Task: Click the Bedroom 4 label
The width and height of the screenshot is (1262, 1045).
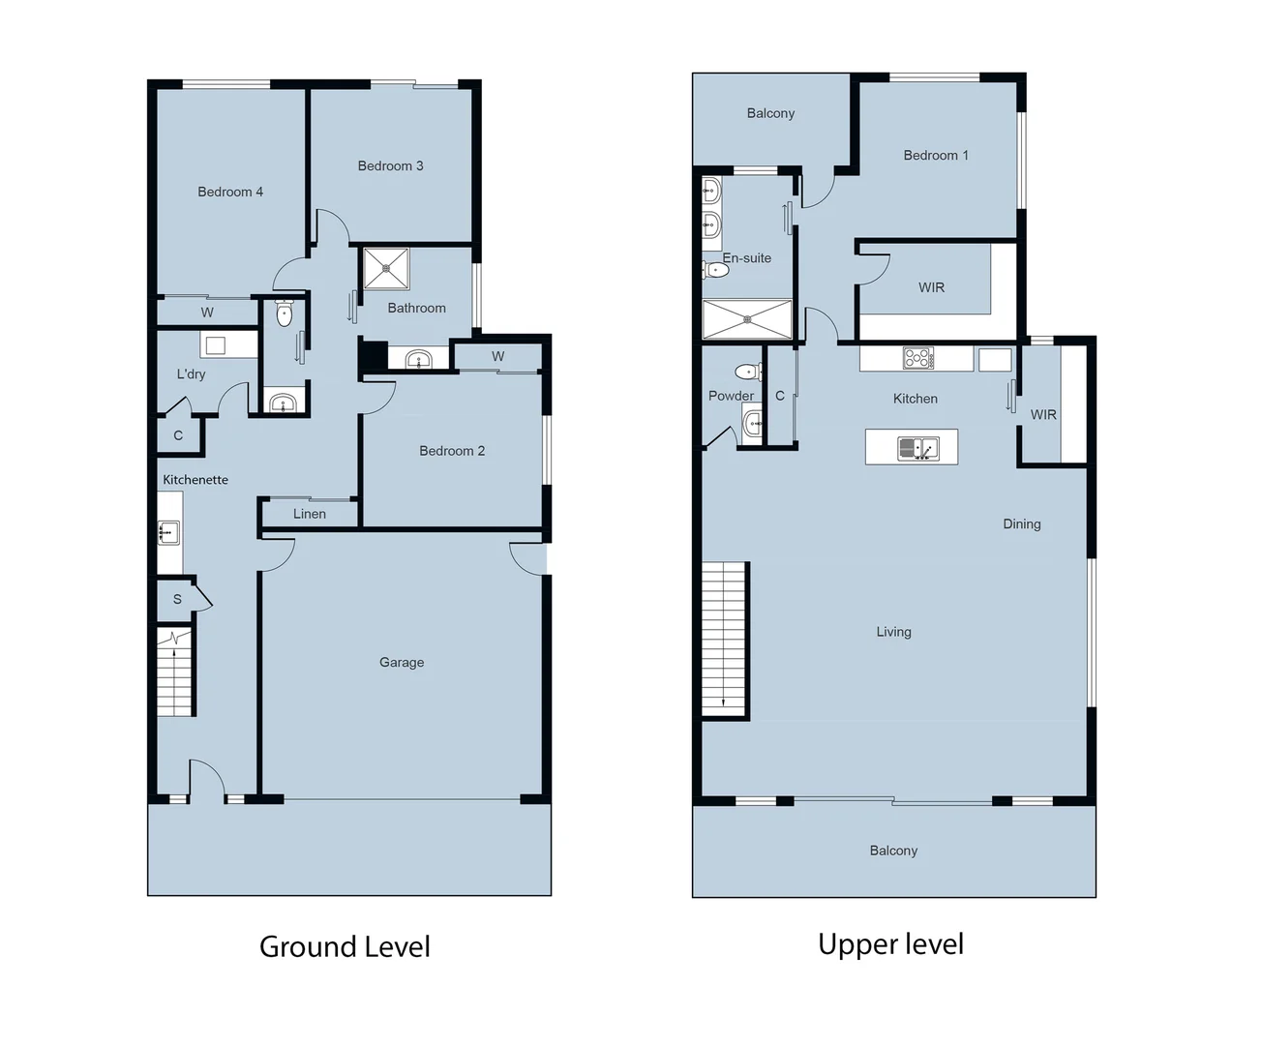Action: (230, 192)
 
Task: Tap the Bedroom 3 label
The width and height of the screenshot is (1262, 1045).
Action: (390, 165)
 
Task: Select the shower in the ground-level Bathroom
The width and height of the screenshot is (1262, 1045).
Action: (386, 268)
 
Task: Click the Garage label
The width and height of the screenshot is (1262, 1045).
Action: (402, 662)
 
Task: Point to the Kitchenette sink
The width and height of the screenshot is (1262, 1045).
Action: (168, 532)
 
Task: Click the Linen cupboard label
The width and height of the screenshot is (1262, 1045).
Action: (310, 514)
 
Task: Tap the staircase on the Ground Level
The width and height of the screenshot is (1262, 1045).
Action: (175, 672)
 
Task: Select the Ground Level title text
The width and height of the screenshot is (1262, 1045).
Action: (345, 946)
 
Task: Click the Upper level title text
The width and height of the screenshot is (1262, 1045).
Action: (890, 943)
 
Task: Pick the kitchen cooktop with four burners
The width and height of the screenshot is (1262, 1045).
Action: (917, 358)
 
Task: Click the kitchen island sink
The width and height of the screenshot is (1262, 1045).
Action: (916, 448)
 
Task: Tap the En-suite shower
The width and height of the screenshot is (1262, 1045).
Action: (746, 319)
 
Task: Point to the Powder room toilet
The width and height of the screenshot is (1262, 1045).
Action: (747, 372)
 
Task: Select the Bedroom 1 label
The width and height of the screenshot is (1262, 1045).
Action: (935, 155)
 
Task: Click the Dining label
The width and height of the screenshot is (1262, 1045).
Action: (1021, 523)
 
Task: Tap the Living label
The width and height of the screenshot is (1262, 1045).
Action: (893, 632)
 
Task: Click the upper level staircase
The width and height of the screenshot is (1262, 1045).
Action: (725, 639)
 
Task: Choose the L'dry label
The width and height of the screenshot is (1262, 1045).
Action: (191, 373)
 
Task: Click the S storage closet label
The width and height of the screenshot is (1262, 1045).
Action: (177, 599)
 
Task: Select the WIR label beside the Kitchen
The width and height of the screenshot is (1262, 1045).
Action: (1043, 414)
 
